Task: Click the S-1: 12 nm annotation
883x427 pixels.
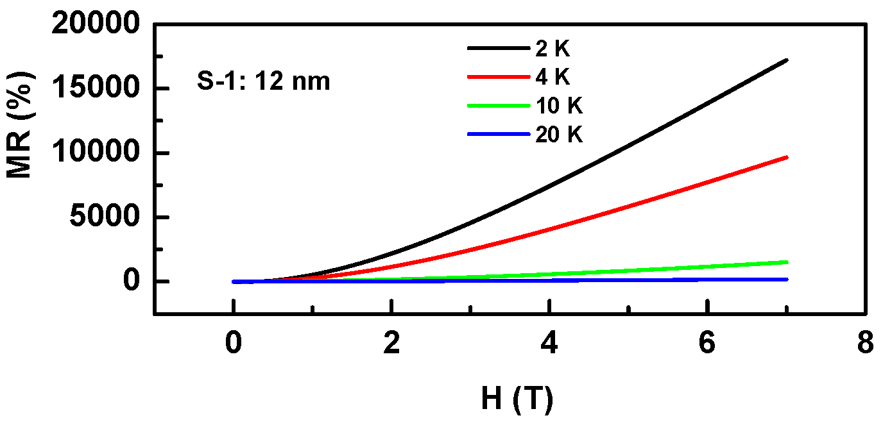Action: (263, 81)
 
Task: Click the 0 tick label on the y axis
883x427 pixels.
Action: (132, 281)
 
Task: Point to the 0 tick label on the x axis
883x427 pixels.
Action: (234, 344)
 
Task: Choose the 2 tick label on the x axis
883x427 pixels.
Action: (391, 344)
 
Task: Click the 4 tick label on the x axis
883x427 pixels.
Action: (549, 344)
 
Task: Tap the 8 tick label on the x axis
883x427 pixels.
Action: (865, 344)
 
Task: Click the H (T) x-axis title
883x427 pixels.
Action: (517, 399)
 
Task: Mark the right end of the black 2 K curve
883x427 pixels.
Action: (786, 60)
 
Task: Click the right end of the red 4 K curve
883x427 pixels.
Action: (786, 157)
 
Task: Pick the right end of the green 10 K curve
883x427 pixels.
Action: (786, 262)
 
